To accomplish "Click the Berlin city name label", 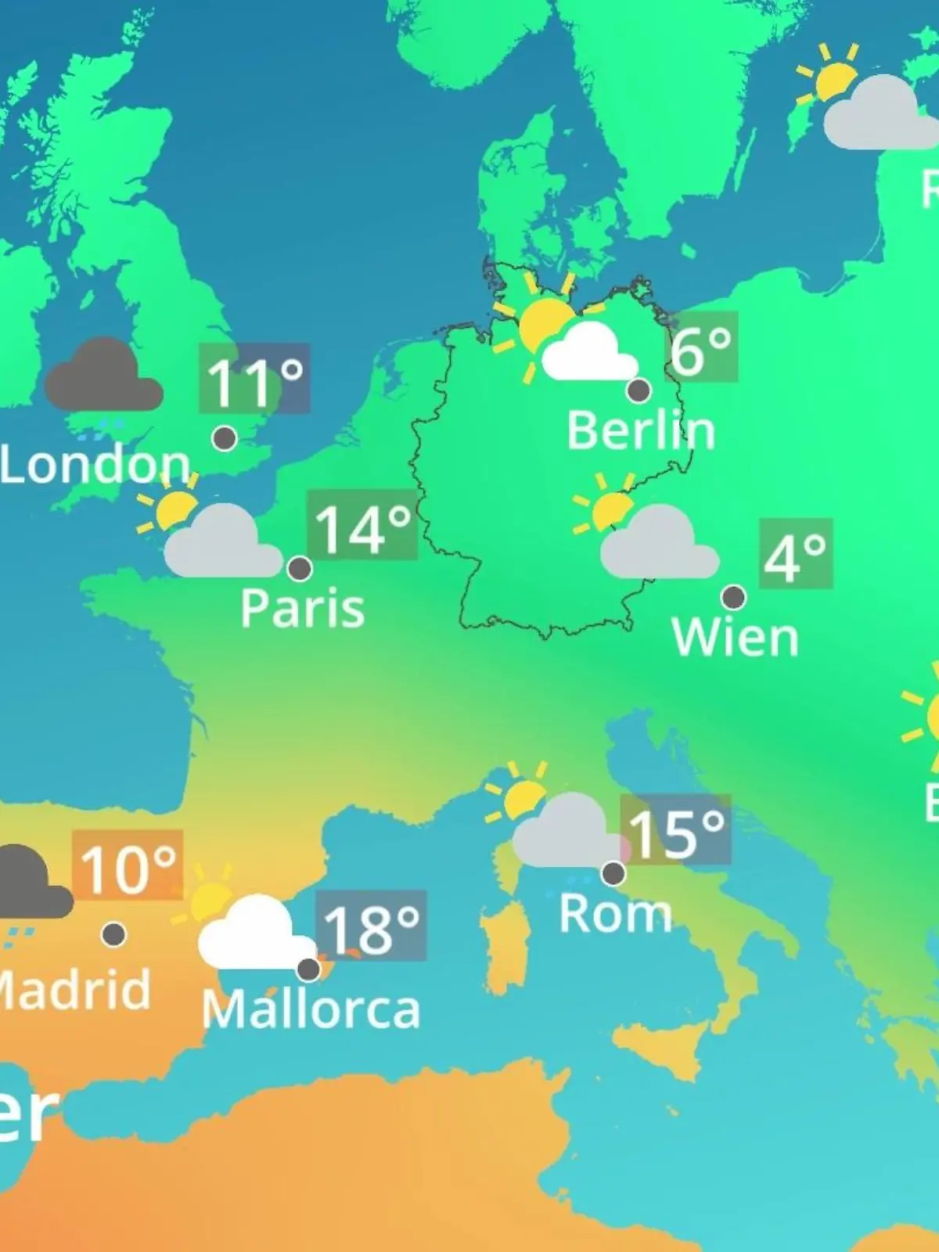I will (x=641, y=430).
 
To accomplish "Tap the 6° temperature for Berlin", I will (x=701, y=349).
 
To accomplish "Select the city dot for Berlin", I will (x=639, y=390).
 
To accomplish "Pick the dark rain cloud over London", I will (x=103, y=378).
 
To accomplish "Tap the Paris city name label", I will (x=302, y=608).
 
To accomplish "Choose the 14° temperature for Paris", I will (x=362, y=527).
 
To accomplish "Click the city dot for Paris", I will (x=300, y=568).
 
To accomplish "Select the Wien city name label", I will (x=736, y=637).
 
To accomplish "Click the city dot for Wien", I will (x=733, y=598).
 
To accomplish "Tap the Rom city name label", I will (x=616, y=913).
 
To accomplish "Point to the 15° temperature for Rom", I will (x=676, y=831).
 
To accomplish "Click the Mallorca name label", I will (x=311, y=1009).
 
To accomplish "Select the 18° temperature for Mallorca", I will (x=371, y=926).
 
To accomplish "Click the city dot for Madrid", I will (x=114, y=934).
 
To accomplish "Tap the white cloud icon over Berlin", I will (x=588, y=354).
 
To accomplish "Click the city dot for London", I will (x=225, y=438).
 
